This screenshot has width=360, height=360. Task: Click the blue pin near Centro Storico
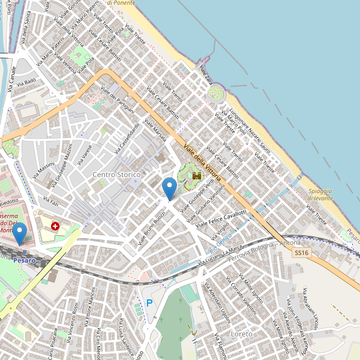click(x=170, y=188)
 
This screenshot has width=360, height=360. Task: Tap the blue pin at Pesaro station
click(x=20, y=233)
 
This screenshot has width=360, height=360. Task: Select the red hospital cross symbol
click(x=55, y=226)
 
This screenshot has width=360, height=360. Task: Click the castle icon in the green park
click(x=196, y=175)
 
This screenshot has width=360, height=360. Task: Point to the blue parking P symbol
click(x=149, y=304)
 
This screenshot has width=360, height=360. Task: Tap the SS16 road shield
click(x=302, y=254)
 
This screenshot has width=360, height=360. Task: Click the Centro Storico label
click(x=116, y=175)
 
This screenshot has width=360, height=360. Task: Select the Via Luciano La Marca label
click(x=220, y=255)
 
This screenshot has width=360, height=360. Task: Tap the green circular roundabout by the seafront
click(x=215, y=93)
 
